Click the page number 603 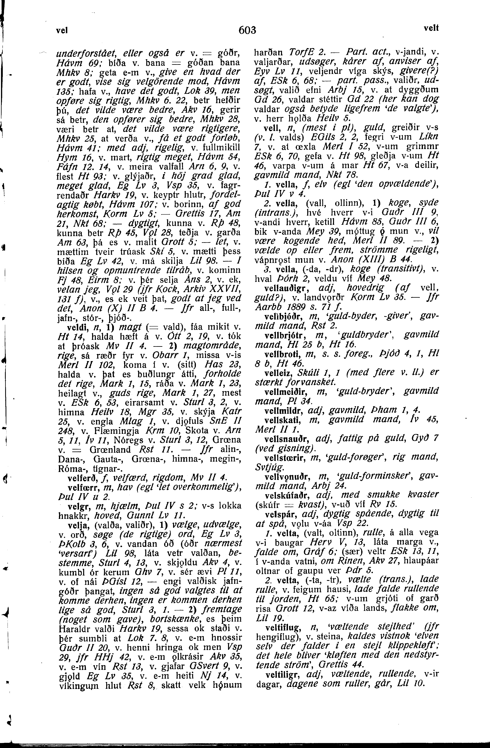(x=247, y=30)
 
